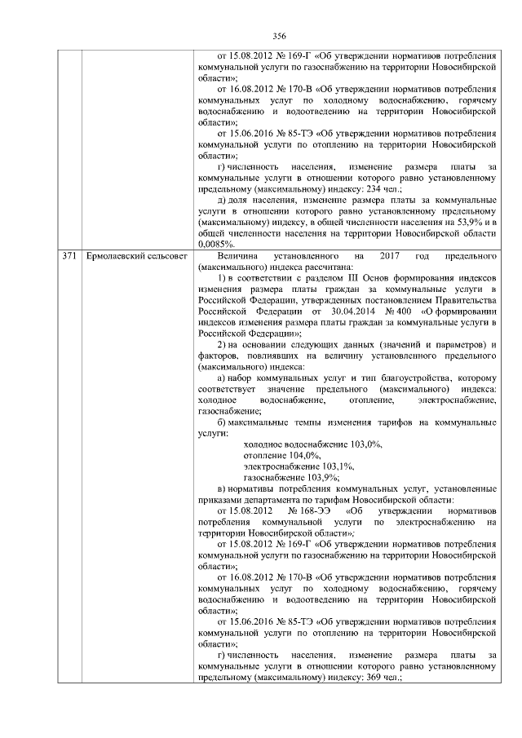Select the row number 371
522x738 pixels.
click(69, 257)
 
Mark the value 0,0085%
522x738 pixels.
click(216, 243)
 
